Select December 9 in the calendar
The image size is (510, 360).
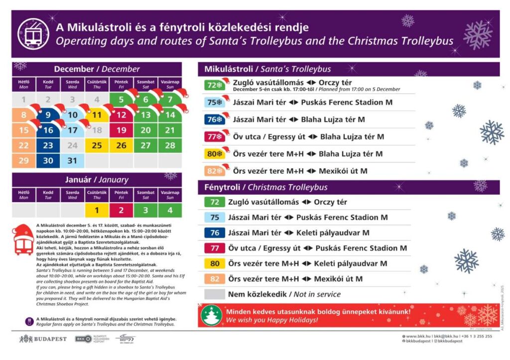tap(48, 116)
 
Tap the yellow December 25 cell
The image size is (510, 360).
tap(97, 146)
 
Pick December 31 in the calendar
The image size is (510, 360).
tap(73, 161)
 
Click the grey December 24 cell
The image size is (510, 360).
tap(73, 146)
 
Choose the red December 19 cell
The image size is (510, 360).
tap(122, 130)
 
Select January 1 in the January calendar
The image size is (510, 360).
tap(97, 210)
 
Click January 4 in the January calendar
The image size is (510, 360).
tap(170, 210)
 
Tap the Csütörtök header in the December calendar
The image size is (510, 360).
tap(97, 84)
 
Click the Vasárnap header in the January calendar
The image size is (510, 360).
tap(170, 194)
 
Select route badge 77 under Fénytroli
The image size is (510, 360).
tap(215, 248)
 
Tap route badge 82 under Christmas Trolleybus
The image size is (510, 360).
tap(215, 279)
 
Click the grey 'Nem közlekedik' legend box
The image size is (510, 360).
tap(215, 294)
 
